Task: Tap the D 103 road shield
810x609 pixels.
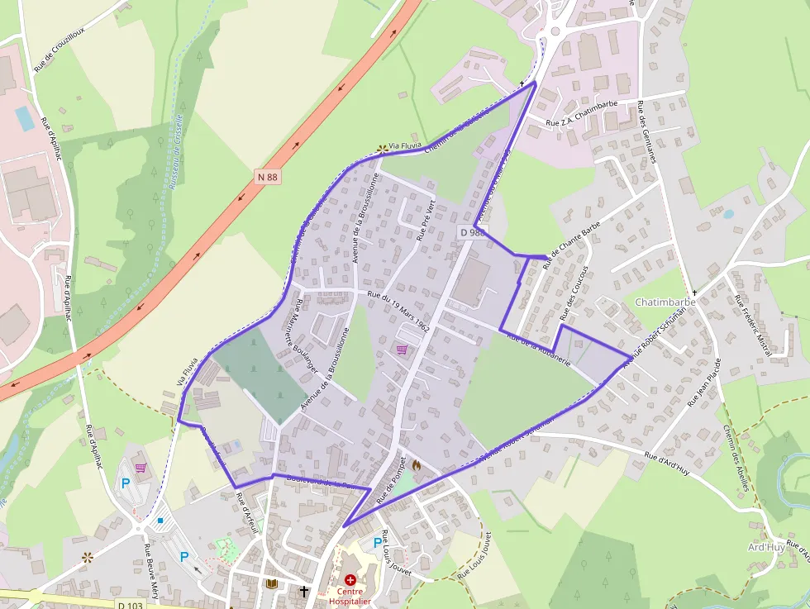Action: (x=129, y=605)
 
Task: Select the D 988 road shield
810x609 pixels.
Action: (x=472, y=232)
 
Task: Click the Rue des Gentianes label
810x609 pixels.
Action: (x=647, y=131)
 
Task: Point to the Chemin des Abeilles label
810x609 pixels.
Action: (x=735, y=458)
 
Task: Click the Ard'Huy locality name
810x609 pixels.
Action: (x=765, y=547)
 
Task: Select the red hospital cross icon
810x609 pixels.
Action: (x=350, y=580)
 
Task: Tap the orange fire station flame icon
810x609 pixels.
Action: (x=416, y=465)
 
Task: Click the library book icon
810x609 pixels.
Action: (x=271, y=583)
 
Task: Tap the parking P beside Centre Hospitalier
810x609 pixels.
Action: (x=378, y=543)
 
